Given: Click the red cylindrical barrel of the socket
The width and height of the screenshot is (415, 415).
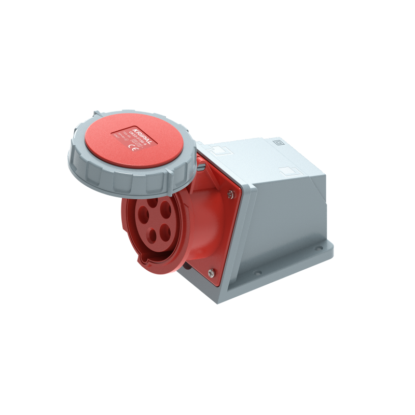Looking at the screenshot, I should [x=192, y=228].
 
